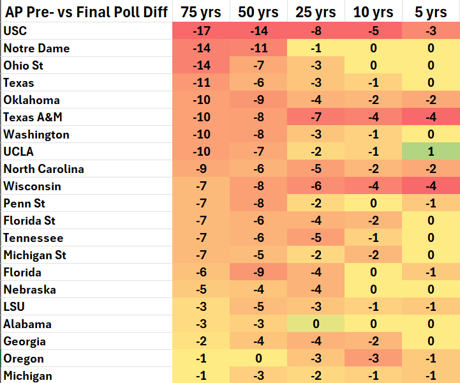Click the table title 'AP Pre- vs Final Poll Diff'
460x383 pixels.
click(86, 11)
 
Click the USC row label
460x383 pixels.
click(15, 31)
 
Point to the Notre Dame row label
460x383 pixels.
click(36, 48)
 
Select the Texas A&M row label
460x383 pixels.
click(33, 117)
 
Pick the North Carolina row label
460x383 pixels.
click(43, 169)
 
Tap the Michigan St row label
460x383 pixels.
click(35, 255)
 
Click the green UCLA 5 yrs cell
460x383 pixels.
click(431, 151)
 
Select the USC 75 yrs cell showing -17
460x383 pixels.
click(201, 31)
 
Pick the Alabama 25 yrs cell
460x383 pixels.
click(316, 324)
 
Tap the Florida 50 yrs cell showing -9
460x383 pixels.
click(258, 272)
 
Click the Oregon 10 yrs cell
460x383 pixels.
click(373, 358)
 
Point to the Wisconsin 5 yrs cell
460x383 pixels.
click(431, 186)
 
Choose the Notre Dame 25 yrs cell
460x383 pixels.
click(316, 48)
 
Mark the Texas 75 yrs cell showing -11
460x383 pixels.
click(201, 82)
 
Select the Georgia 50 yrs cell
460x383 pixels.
click(258, 341)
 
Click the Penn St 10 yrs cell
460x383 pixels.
click(373, 203)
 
